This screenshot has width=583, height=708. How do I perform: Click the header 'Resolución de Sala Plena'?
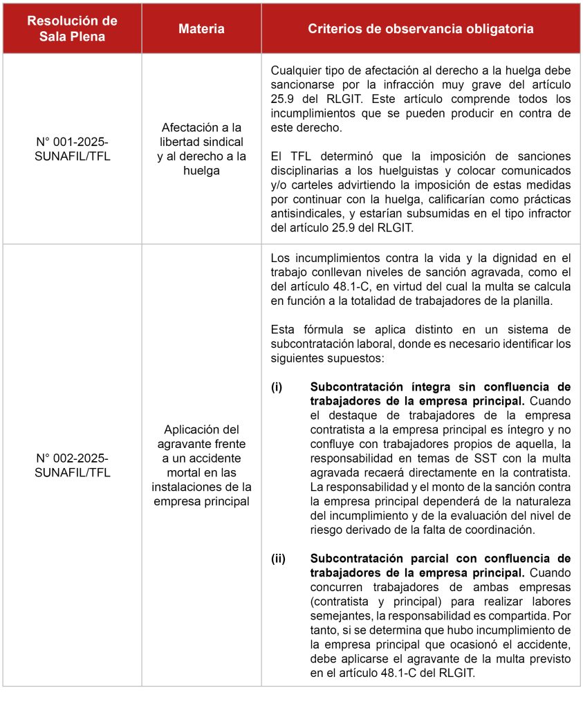tap(72, 29)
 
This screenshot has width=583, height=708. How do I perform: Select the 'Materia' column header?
tap(201, 29)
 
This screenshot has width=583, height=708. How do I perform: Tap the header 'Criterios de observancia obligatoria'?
tap(420, 29)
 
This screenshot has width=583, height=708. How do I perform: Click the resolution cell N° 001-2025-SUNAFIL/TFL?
tap(72, 149)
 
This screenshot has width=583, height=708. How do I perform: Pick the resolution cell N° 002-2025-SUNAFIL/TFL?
tap(72, 465)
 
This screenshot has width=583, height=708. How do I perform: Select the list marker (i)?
tap(277, 386)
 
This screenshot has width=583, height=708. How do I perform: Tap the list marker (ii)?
tap(278, 558)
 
